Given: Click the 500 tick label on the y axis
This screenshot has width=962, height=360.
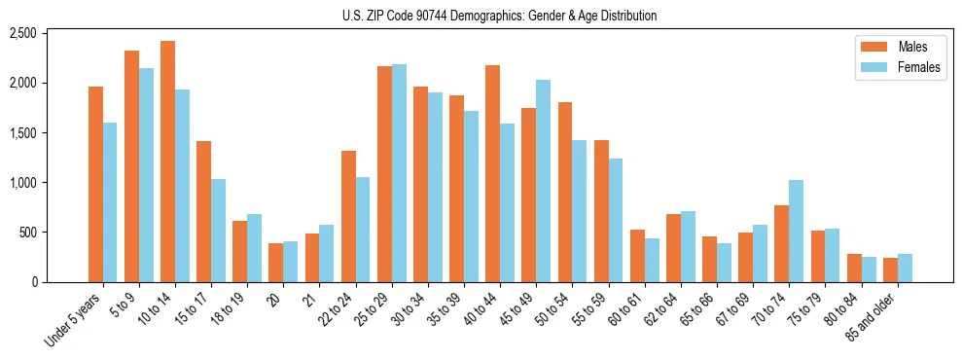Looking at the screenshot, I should (28, 233).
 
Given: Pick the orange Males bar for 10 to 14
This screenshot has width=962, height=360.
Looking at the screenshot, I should (167, 162).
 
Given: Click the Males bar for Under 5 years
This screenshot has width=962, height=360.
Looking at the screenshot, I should (95, 185).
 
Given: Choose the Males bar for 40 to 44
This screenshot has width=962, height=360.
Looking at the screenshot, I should (493, 174).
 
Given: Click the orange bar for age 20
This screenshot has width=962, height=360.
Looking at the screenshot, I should (276, 263).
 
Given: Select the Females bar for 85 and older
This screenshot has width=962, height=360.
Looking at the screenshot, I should (905, 269).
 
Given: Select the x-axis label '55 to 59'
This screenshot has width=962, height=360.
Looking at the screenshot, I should (592, 309).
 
